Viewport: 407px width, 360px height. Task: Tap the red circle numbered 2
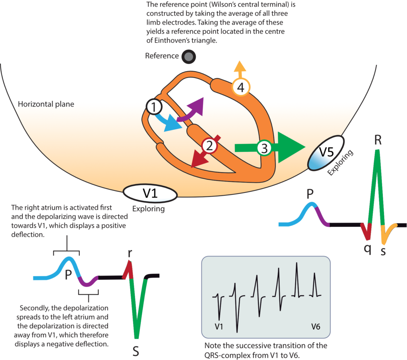pos(209,145)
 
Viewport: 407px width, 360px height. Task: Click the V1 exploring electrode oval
pos(150,193)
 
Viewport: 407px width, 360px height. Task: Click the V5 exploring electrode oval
pos(326,153)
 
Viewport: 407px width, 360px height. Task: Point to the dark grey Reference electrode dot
pos(188,57)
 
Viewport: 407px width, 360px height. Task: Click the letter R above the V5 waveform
pos(378,140)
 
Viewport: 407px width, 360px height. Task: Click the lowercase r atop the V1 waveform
pos(129,253)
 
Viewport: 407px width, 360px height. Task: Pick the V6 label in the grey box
pos(316,327)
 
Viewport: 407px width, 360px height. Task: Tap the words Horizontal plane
pos(46,104)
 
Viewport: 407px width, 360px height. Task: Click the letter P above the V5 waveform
pos(310,193)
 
